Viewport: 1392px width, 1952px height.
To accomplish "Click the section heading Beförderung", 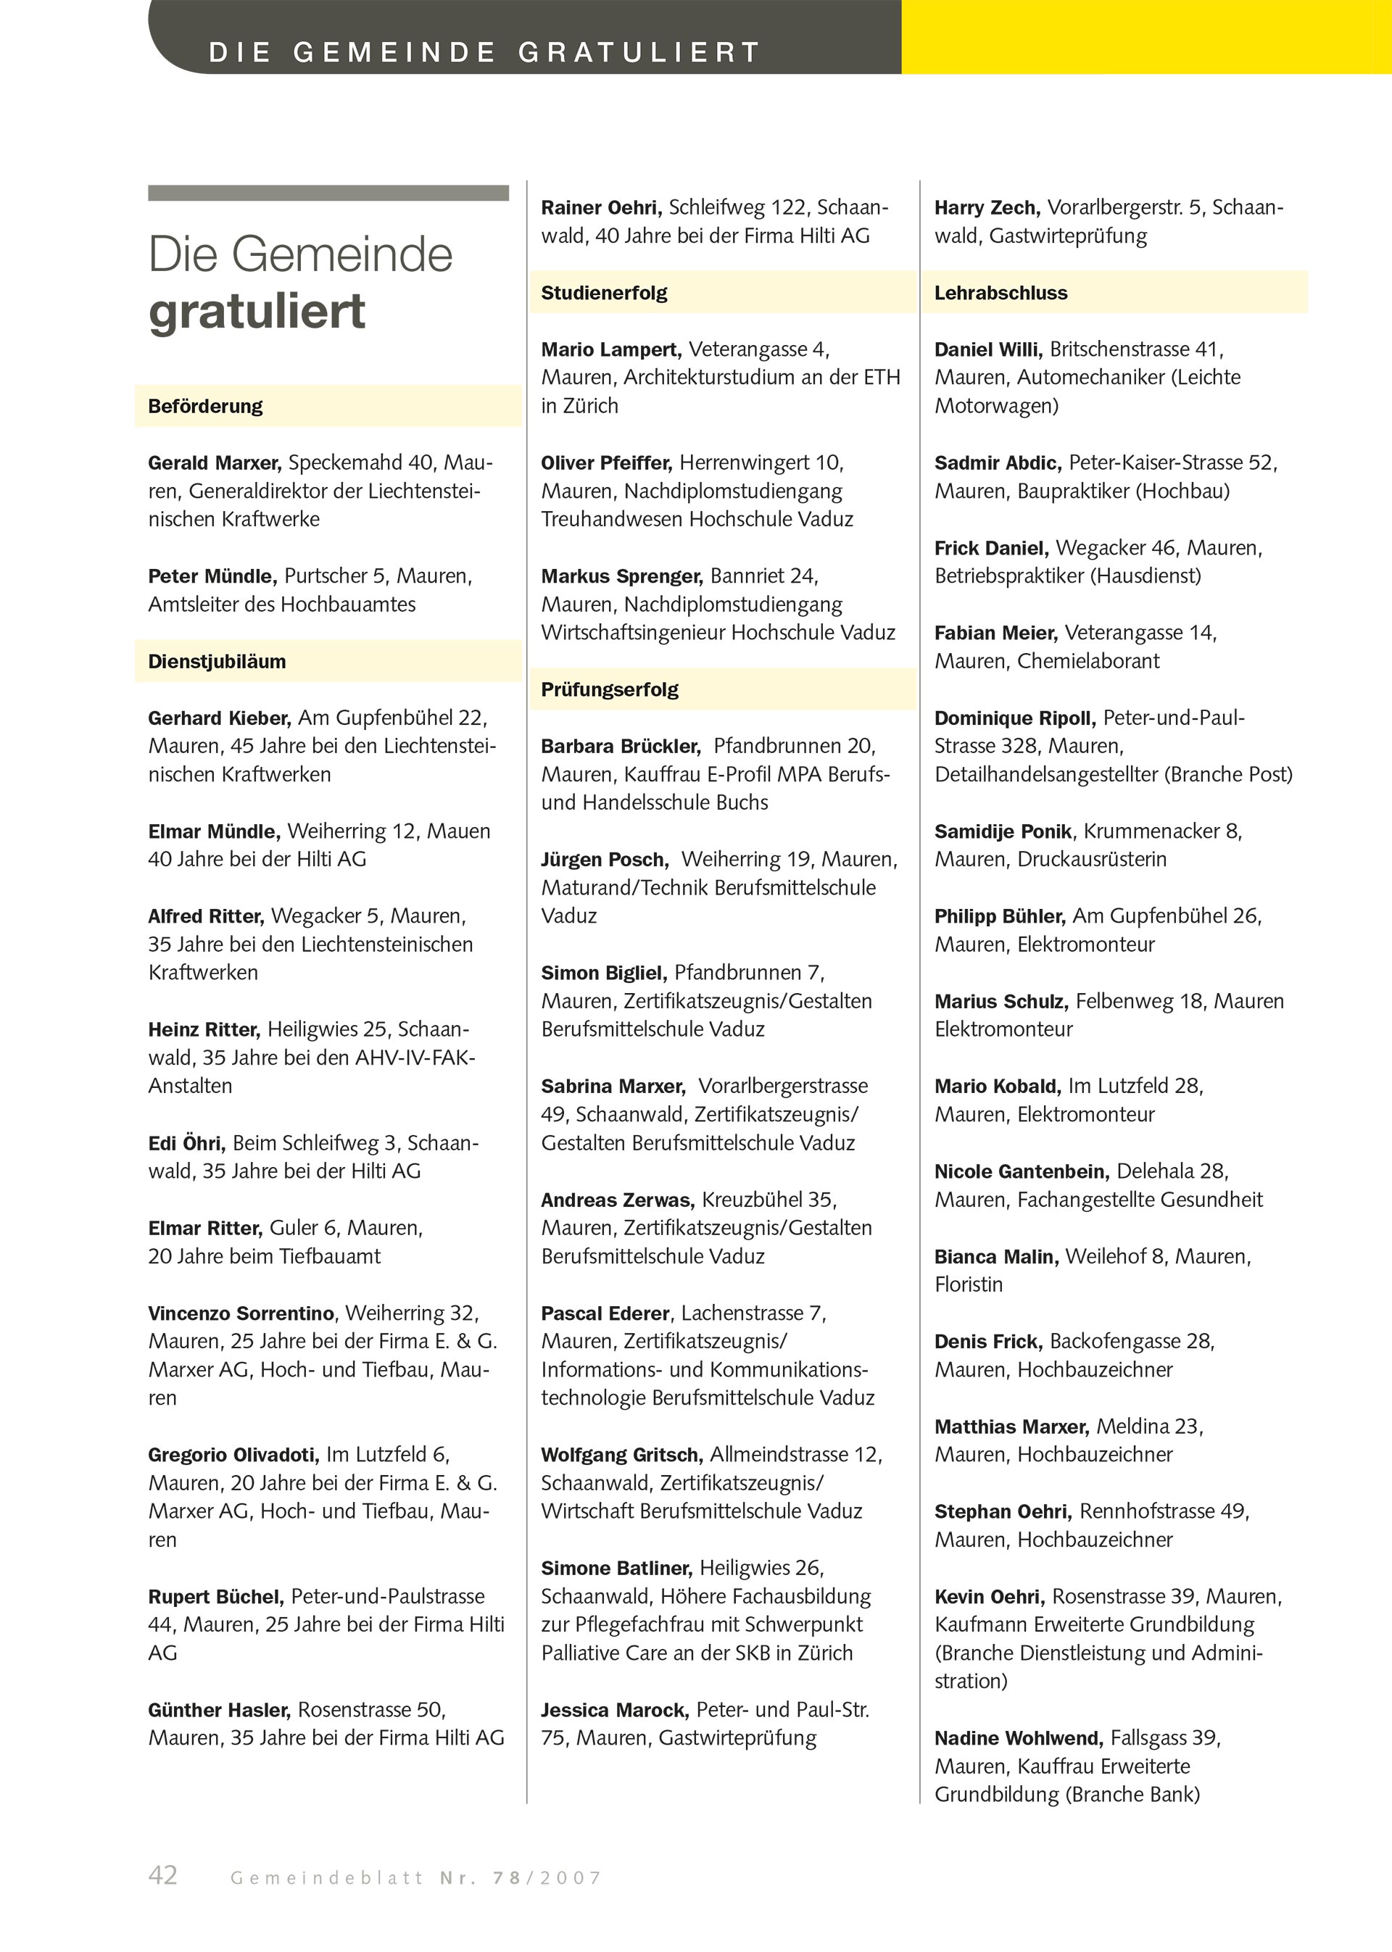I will point(205,406).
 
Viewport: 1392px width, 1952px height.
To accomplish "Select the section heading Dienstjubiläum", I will point(217,662).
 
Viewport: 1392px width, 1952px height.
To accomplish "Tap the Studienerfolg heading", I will point(603,293).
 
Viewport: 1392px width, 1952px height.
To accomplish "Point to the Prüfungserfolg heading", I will point(610,690).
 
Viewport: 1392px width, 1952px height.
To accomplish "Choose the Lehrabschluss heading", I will point(1000,293).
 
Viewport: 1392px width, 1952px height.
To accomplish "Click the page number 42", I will point(163,1875).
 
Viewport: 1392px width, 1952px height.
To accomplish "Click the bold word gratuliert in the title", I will point(257,311).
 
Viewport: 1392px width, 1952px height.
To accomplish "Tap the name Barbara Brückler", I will point(621,747).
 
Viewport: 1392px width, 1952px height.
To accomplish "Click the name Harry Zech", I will point(987,208).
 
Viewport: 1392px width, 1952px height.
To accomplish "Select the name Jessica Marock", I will point(615,1711).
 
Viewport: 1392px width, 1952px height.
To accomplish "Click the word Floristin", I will point(968,1284).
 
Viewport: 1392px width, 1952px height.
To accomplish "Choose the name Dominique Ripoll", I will point(1015,718).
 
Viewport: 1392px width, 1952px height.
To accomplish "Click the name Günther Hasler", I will point(220,1711).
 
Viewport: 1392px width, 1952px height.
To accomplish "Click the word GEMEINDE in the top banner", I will point(394,52).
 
